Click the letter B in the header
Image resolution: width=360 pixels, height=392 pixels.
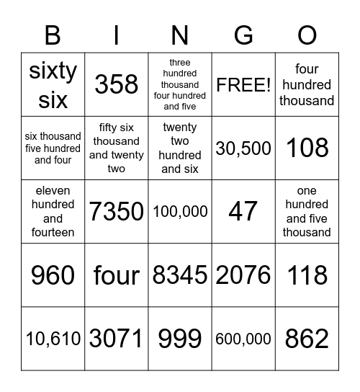tap(53, 35)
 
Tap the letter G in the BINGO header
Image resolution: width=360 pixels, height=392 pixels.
tap(243, 35)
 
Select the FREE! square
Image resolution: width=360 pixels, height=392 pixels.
tap(243, 85)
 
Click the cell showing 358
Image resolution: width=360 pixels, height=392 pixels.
tap(116, 85)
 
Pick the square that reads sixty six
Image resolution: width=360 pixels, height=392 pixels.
tap(53, 85)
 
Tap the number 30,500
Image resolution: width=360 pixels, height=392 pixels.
tap(243, 148)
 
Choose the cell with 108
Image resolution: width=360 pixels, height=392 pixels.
tap(307, 148)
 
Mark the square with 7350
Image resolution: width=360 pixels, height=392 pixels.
tap(116, 212)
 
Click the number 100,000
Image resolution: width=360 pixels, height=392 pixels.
tap(180, 212)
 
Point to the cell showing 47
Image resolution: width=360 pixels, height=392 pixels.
tap(243, 212)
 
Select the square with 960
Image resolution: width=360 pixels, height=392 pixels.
tap(53, 275)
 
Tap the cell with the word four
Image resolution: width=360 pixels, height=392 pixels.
tap(116, 275)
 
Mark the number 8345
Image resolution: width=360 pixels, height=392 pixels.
tap(180, 275)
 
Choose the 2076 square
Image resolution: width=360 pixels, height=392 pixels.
tap(243, 275)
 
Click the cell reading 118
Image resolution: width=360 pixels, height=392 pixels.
tap(307, 275)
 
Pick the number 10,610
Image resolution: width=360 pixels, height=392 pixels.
tap(53, 339)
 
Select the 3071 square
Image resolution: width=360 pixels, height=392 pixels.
tap(116, 339)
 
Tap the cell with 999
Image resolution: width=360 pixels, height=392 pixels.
tap(180, 339)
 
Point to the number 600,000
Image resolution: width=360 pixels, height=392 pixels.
tap(243, 339)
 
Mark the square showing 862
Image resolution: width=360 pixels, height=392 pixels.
tap(307, 339)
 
